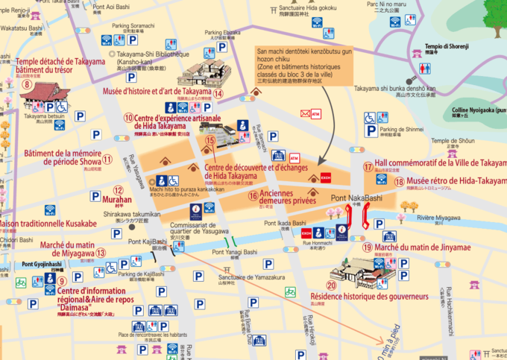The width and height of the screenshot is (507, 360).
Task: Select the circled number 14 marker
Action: tap(218, 93)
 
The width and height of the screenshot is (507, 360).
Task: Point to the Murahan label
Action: tap(118, 200)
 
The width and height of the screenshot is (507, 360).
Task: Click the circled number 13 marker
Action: tap(101, 252)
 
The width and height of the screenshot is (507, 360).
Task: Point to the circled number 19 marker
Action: tap(367, 247)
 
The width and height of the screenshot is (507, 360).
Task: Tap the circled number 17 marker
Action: tap(368, 167)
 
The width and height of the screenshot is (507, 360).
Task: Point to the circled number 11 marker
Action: tap(107, 158)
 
